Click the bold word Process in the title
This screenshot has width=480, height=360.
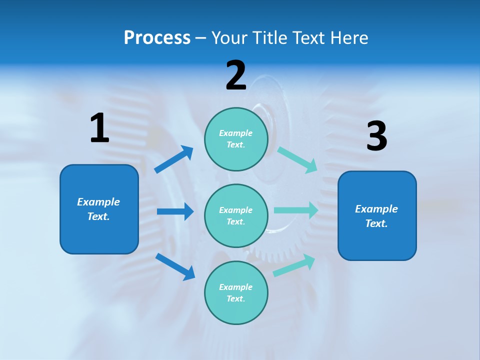[157, 37]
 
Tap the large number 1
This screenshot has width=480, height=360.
[99, 128]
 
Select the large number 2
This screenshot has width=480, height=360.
[236, 75]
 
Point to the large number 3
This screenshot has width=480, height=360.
[376, 136]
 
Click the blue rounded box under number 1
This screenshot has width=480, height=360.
[99, 209]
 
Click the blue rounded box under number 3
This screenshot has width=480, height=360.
[377, 216]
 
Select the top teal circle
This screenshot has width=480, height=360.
[236, 139]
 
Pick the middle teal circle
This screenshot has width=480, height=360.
[236, 215]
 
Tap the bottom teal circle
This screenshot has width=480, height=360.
[236, 292]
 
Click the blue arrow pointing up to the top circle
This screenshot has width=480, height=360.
[174, 159]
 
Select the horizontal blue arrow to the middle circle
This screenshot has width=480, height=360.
[175, 211]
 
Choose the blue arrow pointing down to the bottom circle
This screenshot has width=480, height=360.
[175, 266]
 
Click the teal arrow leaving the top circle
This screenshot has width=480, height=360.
[297, 159]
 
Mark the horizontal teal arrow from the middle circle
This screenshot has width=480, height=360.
[295, 210]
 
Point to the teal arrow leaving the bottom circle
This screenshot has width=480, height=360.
[293, 265]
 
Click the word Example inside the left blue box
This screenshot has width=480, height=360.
[98, 202]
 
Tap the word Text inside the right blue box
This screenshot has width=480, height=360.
[376, 223]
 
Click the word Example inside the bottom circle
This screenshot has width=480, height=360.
[235, 287]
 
